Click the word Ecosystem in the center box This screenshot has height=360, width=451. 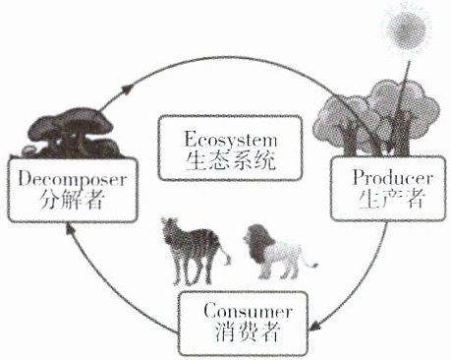click(x=231, y=140)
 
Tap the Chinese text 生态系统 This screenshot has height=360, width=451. click(x=230, y=161)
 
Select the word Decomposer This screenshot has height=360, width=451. click(x=72, y=179)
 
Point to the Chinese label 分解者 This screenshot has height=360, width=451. click(x=72, y=200)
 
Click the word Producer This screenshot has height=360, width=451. click(x=392, y=178)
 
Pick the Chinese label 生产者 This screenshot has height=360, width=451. click(x=392, y=199)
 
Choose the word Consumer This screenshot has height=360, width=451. click(x=247, y=311)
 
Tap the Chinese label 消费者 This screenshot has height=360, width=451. click(x=248, y=331)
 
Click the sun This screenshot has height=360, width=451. click(x=407, y=29)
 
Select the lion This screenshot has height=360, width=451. click(x=278, y=252)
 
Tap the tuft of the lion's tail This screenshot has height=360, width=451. click(x=314, y=265)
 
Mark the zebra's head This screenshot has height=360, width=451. click(x=171, y=229)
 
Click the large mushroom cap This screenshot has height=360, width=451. click(x=71, y=124)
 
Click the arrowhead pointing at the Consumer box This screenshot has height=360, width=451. click(x=314, y=326)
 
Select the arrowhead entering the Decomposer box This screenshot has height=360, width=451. click(x=69, y=228)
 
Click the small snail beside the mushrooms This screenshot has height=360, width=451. click(x=28, y=150)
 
